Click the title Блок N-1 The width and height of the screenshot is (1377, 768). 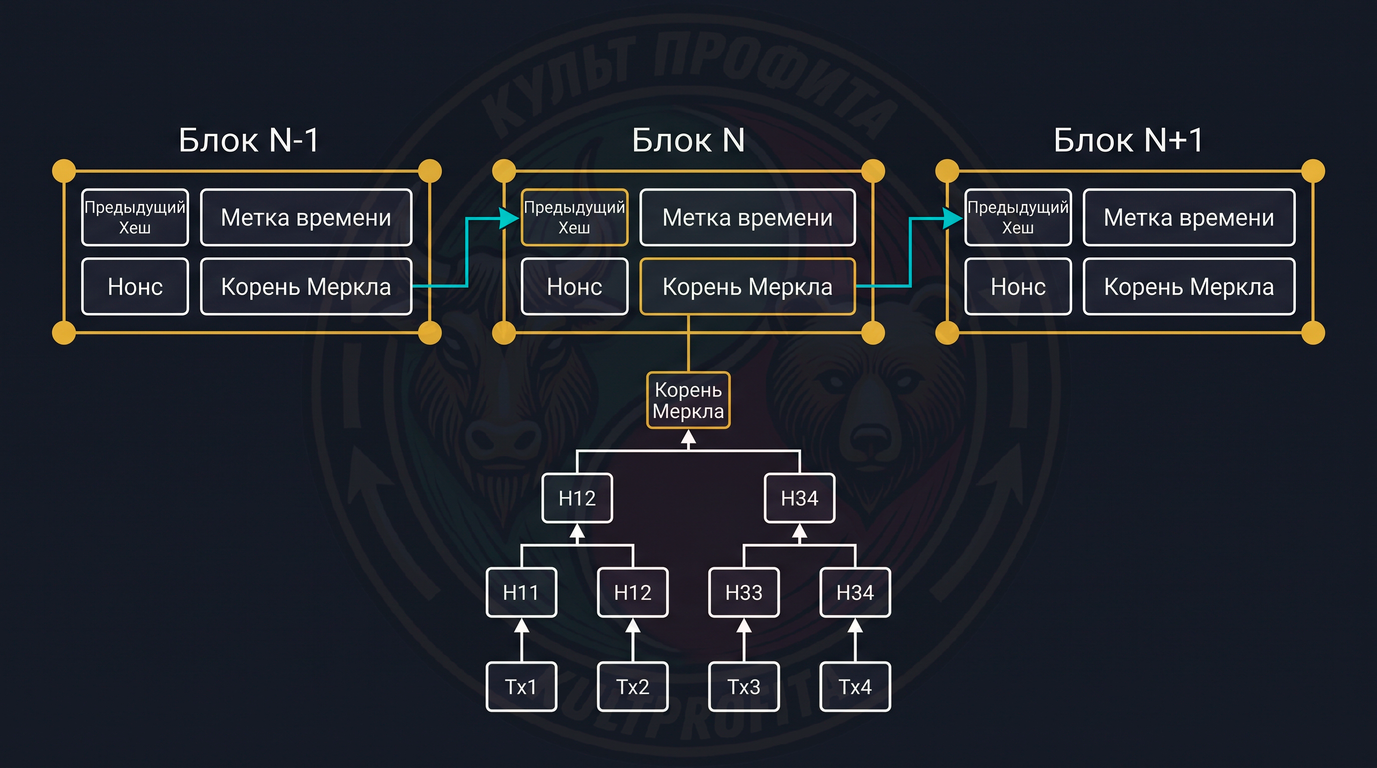pos(249,140)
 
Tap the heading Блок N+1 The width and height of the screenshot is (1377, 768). pos(1128,140)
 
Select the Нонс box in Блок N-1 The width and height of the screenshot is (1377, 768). pos(135,287)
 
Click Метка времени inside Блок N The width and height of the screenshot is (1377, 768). pos(748,217)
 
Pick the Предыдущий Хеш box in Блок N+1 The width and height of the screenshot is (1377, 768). pos(1018,217)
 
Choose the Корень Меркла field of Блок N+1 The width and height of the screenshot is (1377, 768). pos(1189,287)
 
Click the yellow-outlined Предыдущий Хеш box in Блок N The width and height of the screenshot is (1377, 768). pos(574,217)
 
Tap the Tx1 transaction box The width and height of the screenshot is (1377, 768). pos(521,687)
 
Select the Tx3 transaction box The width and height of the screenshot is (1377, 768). pos(744,687)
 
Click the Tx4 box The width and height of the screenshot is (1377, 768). pos(855,687)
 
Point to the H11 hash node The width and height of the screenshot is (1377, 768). pos(521,592)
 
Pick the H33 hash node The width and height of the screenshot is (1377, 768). pos(744,592)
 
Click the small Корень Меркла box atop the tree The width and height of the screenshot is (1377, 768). pos(688,400)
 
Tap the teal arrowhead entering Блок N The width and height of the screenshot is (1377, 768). pos(508,218)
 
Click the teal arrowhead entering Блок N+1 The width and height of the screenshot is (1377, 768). pos(952,218)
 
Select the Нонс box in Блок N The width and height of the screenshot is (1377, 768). pos(574,287)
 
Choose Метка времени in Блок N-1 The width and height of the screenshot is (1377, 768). pos(306,217)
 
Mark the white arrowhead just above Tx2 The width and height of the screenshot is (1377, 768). pos(633,625)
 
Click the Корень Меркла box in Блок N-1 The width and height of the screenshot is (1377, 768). pos(306,287)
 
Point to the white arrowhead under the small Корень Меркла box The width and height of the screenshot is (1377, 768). pos(688,437)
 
